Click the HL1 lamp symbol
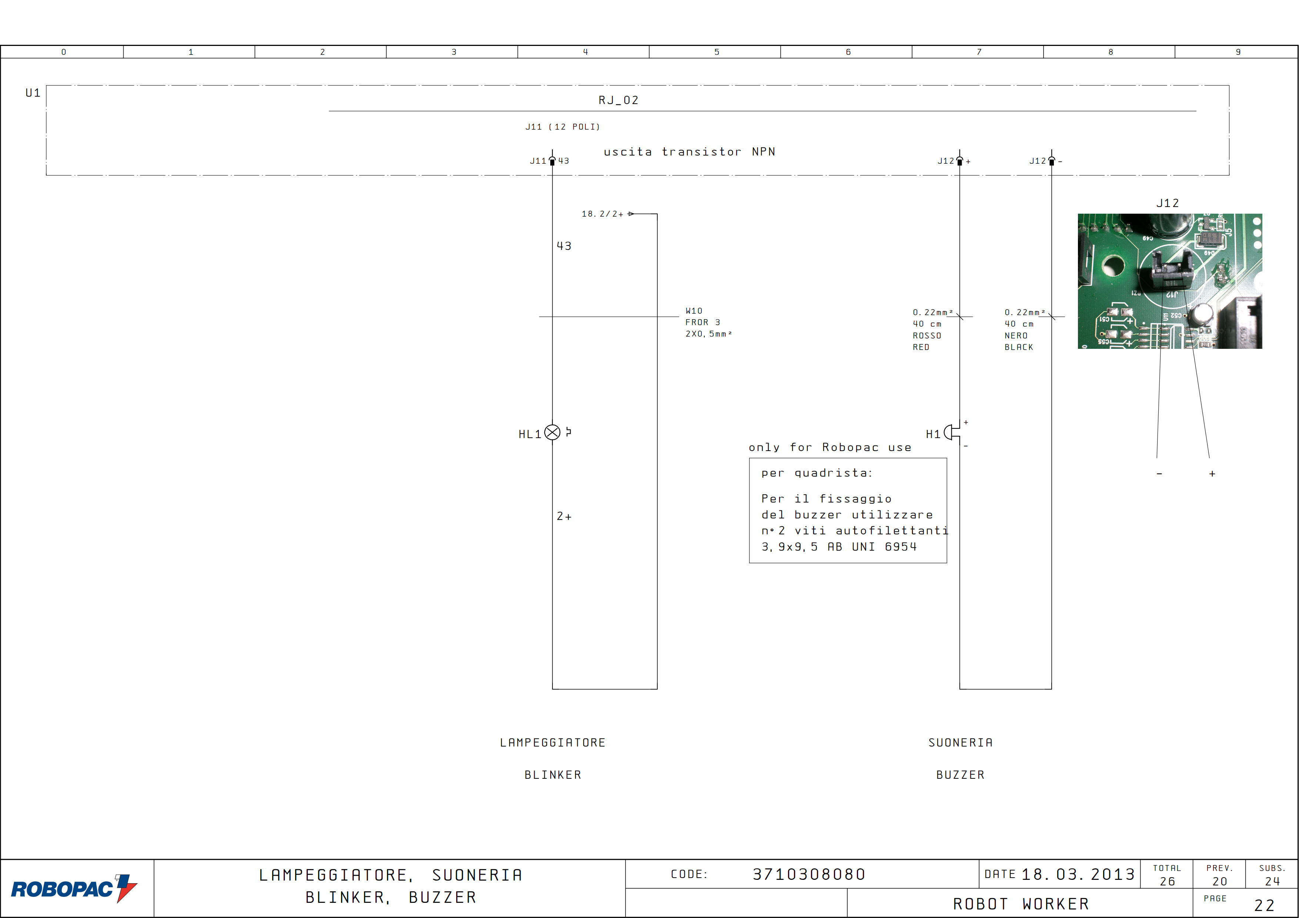pyautogui.click(x=552, y=433)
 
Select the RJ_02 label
pyautogui.click(x=618, y=100)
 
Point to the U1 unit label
pyautogui.click(x=33, y=93)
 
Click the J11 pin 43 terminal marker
pyautogui.click(x=552, y=161)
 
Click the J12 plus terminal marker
pyautogui.click(x=959, y=161)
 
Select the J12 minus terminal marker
pyautogui.click(x=1052, y=161)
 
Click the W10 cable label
pyautogui.click(x=694, y=311)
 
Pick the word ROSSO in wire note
pyautogui.click(x=927, y=336)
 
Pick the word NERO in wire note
pyautogui.click(x=1016, y=336)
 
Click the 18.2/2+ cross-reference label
pyautogui.click(x=602, y=214)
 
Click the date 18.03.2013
pyautogui.click(x=1078, y=874)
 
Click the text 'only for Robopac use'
pyautogui.click(x=830, y=447)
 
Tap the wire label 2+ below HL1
pyautogui.click(x=564, y=517)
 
